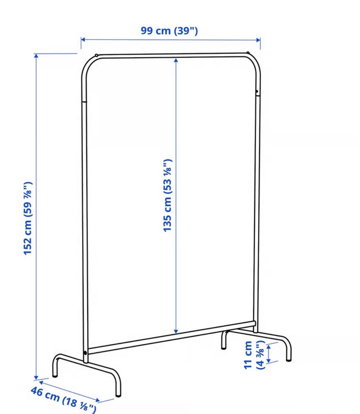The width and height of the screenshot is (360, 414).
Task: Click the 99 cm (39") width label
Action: pos(169,31)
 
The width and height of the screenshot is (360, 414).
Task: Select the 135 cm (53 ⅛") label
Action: pos(168,196)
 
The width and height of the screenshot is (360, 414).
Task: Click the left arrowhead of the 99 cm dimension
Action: pos(83,40)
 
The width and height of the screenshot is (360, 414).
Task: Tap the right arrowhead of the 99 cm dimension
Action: pos(258,40)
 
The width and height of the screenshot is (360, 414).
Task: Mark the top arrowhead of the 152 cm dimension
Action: pos(36,55)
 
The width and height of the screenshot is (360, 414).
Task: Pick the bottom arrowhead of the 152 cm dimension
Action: pos(36,378)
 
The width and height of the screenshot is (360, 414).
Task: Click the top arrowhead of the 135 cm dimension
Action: pos(176,60)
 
